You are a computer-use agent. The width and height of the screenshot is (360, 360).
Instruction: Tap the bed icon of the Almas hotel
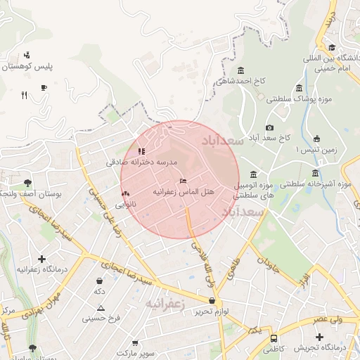[x=184, y=181]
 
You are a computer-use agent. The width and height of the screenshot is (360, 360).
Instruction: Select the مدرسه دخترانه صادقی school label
[x=140, y=162]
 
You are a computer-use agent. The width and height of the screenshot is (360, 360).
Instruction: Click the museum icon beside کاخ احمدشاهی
[x=241, y=70]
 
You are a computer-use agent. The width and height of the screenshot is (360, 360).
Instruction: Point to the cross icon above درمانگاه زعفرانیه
[x=41, y=259]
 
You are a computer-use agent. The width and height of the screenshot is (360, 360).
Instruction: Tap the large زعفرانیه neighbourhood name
[x=165, y=304]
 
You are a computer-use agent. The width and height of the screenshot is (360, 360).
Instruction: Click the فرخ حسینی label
[x=101, y=318]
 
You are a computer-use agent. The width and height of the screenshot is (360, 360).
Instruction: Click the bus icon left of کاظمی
[x=274, y=337]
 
